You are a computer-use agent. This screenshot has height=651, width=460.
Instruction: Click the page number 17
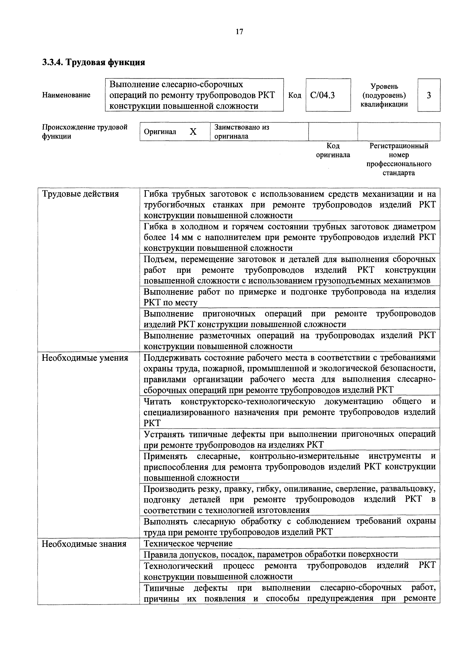239,32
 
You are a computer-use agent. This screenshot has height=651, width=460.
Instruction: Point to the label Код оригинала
333,150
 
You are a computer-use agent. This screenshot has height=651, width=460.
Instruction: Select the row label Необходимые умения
85,358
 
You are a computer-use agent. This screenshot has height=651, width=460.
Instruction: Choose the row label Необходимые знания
84,544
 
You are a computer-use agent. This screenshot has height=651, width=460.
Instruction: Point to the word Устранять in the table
164,434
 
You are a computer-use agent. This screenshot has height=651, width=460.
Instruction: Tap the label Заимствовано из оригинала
241,132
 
